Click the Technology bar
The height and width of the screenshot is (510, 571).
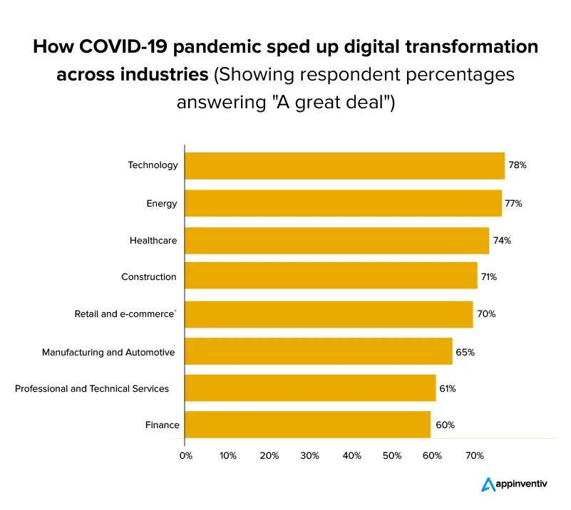[344, 165]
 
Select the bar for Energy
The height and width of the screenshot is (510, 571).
[343, 203]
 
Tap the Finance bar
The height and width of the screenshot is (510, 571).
[307, 425]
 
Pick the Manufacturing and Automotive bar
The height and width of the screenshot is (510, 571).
[318, 351]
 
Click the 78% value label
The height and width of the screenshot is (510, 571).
[518, 165]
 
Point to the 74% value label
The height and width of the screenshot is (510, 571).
[502, 241]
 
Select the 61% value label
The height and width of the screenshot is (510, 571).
[448, 389]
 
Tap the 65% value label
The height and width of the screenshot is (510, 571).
[465, 352]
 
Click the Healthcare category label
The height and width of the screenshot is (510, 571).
[153, 241]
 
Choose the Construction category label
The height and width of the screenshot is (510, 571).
[149, 276]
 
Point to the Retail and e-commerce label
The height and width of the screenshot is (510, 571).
[125, 313]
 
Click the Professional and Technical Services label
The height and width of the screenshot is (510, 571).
[92, 388]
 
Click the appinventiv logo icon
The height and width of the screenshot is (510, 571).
[488, 484]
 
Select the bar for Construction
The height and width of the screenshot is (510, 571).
[331, 276]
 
